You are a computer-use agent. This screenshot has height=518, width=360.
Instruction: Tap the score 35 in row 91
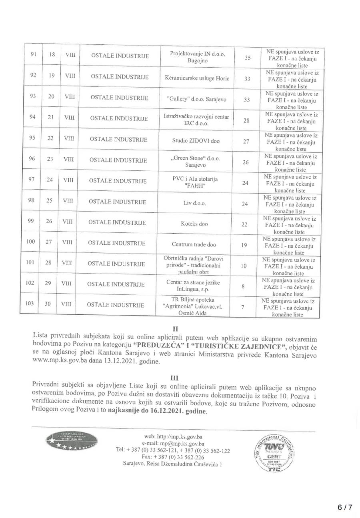coord(248,58)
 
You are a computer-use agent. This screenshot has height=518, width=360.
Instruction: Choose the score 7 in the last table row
coord(243,306)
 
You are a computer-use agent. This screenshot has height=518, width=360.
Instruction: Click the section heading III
coord(174,376)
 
